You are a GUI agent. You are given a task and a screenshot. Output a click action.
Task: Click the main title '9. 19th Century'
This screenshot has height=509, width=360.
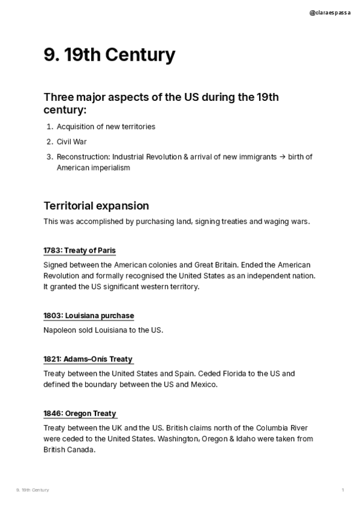109,55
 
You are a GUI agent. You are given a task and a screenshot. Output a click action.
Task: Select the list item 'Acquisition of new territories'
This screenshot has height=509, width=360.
106,127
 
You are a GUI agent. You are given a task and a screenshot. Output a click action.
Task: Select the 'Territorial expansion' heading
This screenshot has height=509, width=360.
96,206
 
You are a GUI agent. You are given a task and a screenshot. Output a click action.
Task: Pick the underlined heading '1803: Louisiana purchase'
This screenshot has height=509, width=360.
88,316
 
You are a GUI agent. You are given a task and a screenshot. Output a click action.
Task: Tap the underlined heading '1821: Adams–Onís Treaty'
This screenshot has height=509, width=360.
88,359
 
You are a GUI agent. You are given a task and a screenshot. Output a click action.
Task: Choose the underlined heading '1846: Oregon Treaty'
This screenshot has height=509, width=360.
79,414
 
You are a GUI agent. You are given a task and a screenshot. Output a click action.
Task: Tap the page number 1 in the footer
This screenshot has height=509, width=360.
343,490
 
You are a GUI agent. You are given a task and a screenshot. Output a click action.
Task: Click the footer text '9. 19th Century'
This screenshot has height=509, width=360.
32,490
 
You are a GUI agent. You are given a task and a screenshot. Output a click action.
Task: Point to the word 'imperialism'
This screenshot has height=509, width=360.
110,167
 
